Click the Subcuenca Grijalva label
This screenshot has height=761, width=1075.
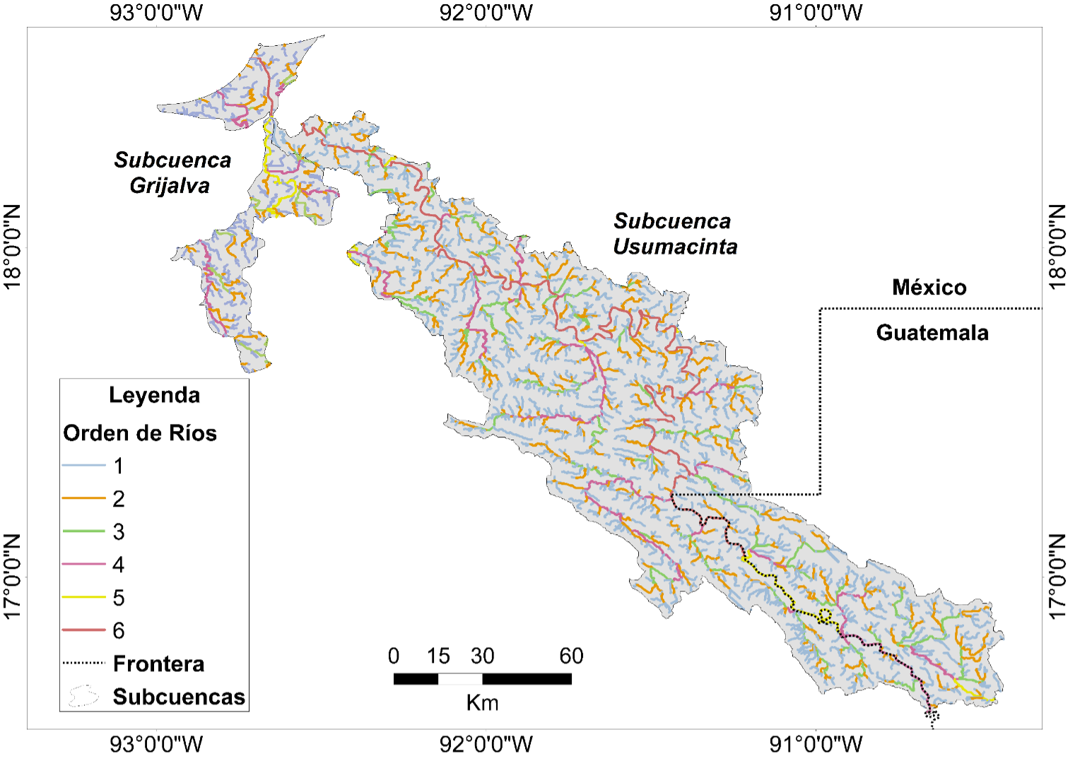tap(172, 172)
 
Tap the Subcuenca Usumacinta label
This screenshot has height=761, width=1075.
tap(674, 234)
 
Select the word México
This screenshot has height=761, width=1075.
tap(929, 288)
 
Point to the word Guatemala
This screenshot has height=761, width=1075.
tap(932, 333)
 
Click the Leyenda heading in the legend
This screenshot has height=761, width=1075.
tap(154, 395)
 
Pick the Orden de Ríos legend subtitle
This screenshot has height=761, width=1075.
tap(140, 433)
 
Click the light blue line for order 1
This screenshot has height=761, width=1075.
tap(83, 466)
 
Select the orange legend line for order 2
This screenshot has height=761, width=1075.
tap(83, 499)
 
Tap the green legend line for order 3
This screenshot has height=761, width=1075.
tap(83, 531)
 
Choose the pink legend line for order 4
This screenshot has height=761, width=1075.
tap(83, 565)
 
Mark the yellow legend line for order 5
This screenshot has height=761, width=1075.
tap(83, 598)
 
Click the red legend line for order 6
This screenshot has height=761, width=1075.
tap(83, 630)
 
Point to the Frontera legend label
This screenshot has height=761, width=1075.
tap(158, 664)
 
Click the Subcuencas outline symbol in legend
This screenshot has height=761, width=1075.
tap(83, 697)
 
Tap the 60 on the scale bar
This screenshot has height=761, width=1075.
tap(571, 656)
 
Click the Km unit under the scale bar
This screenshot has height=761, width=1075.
tap(482, 703)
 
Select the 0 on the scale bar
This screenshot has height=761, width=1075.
tap(394, 656)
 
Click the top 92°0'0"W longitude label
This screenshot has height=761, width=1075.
tap(486, 13)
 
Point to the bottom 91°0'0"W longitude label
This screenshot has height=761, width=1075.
tap(816, 744)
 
